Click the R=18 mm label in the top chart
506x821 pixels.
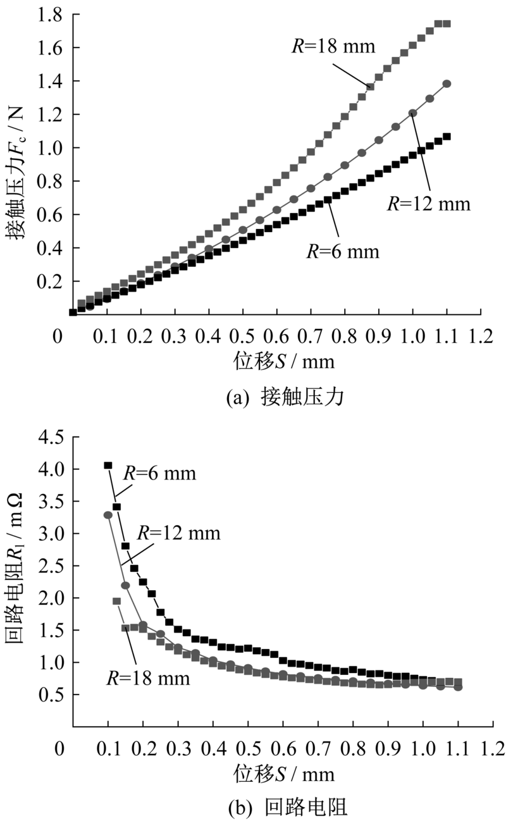(334, 46)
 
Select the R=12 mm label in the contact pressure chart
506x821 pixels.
(428, 204)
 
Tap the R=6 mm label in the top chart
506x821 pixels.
(343, 251)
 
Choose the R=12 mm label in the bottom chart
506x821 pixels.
(179, 533)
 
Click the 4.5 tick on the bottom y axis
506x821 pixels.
(51, 436)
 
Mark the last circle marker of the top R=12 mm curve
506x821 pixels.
(447, 83)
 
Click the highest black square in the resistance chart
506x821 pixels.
(108, 466)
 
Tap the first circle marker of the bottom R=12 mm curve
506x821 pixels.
(108, 515)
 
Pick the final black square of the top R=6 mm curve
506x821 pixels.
(447, 136)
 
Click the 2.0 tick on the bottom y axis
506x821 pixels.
(51, 598)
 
